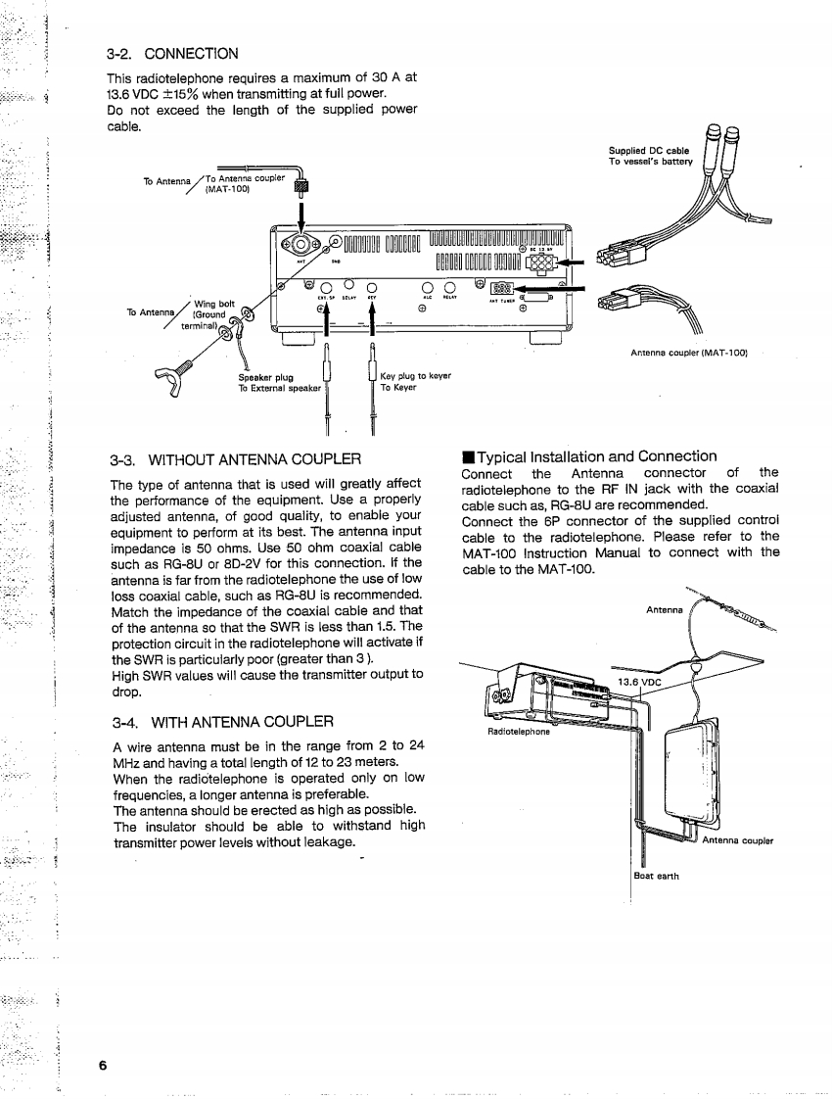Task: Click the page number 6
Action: click(x=101, y=1066)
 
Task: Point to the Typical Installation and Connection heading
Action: click(x=596, y=455)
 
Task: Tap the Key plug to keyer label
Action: click(x=415, y=375)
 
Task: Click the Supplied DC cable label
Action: click(x=649, y=150)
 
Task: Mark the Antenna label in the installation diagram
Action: click(x=666, y=609)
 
